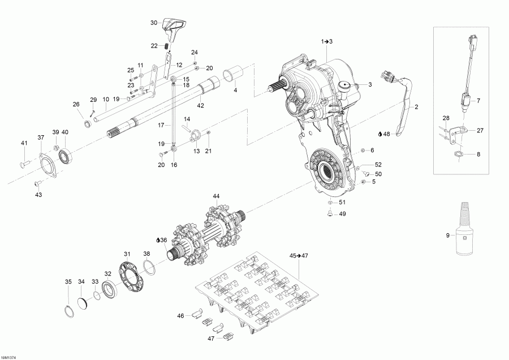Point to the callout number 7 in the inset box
tap(478, 101)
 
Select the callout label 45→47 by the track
tap(297, 255)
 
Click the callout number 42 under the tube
tap(200, 105)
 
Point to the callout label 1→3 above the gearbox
tap(327, 42)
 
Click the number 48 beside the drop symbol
tap(387, 134)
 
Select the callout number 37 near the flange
tap(41, 138)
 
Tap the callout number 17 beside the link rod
tap(161, 125)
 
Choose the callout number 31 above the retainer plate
tap(127, 254)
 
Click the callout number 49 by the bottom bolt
tap(342, 214)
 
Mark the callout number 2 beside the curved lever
tap(416, 106)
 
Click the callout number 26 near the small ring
tap(76, 104)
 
